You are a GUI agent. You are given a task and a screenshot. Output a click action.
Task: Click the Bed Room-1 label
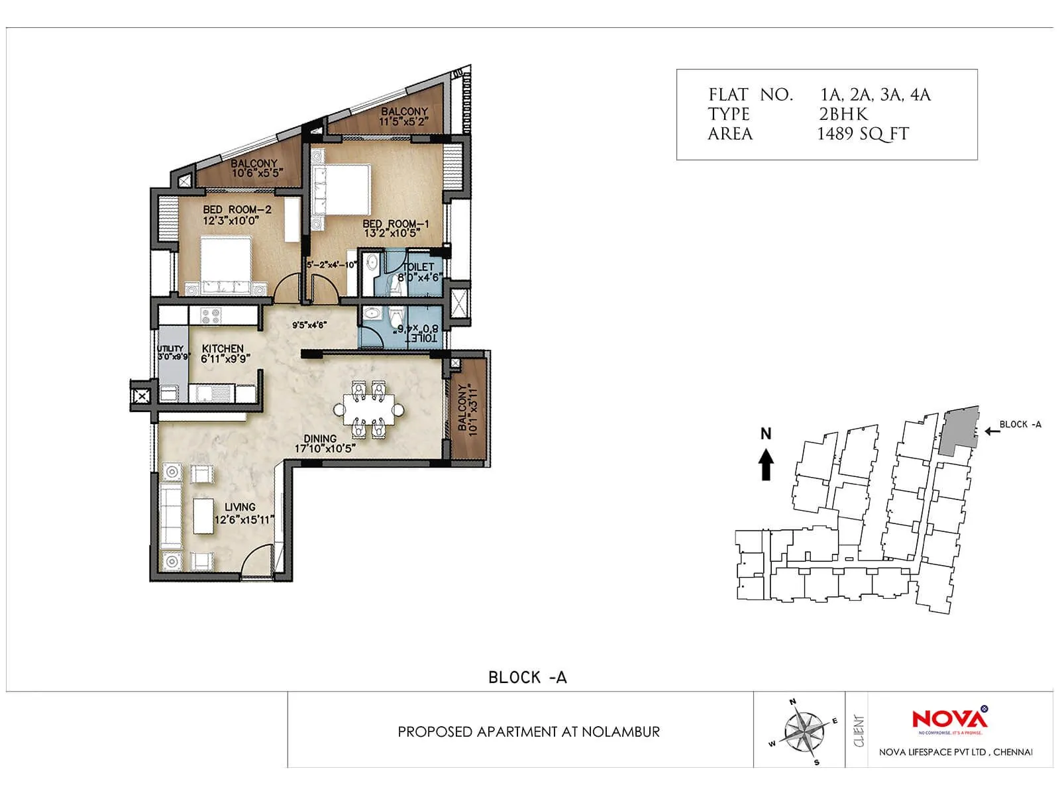(x=396, y=224)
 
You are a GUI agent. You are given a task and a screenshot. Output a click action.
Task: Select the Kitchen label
(x=223, y=348)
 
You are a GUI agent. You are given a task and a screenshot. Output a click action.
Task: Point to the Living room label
(x=240, y=507)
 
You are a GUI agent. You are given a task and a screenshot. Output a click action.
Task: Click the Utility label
(x=171, y=348)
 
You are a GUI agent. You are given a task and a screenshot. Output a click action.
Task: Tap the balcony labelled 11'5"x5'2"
(x=403, y=112)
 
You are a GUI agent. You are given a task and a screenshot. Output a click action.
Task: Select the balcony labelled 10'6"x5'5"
(x=254, y=164)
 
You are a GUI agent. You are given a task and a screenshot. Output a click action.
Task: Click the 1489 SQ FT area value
(x=863, y=134)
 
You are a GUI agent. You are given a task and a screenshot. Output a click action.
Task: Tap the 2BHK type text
(x=843, y=114)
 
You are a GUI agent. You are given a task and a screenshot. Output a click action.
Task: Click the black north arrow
(x=766, y=463)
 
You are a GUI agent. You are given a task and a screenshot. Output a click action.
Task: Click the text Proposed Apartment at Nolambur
(x=529, y=732)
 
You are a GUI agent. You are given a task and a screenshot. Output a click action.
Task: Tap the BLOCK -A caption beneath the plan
(x=527, y=677)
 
